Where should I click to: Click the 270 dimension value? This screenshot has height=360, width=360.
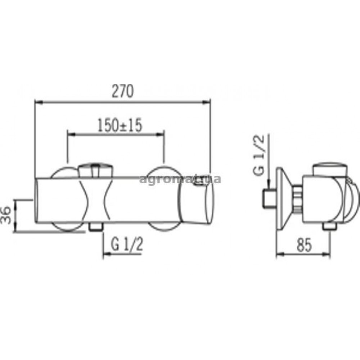122,91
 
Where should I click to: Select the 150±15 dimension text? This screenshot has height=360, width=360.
120,126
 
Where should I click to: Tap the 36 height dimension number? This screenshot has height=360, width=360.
6,215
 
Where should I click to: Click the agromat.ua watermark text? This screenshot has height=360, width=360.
180,179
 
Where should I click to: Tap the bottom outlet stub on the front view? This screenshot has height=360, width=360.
95,226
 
